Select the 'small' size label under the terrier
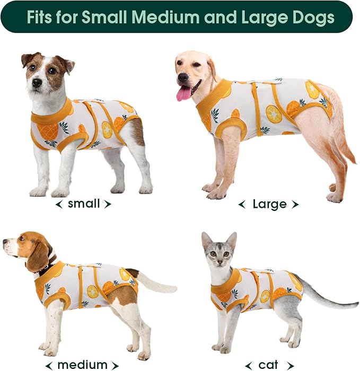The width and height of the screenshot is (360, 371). (84, 204)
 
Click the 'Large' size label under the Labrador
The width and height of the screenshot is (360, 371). (269, 204)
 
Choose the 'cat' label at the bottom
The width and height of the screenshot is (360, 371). (268, 365)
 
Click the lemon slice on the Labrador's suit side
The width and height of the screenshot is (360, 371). (274, 114)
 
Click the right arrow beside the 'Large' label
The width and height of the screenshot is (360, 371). (295, 205)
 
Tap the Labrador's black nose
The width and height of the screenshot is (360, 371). (182, 77)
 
